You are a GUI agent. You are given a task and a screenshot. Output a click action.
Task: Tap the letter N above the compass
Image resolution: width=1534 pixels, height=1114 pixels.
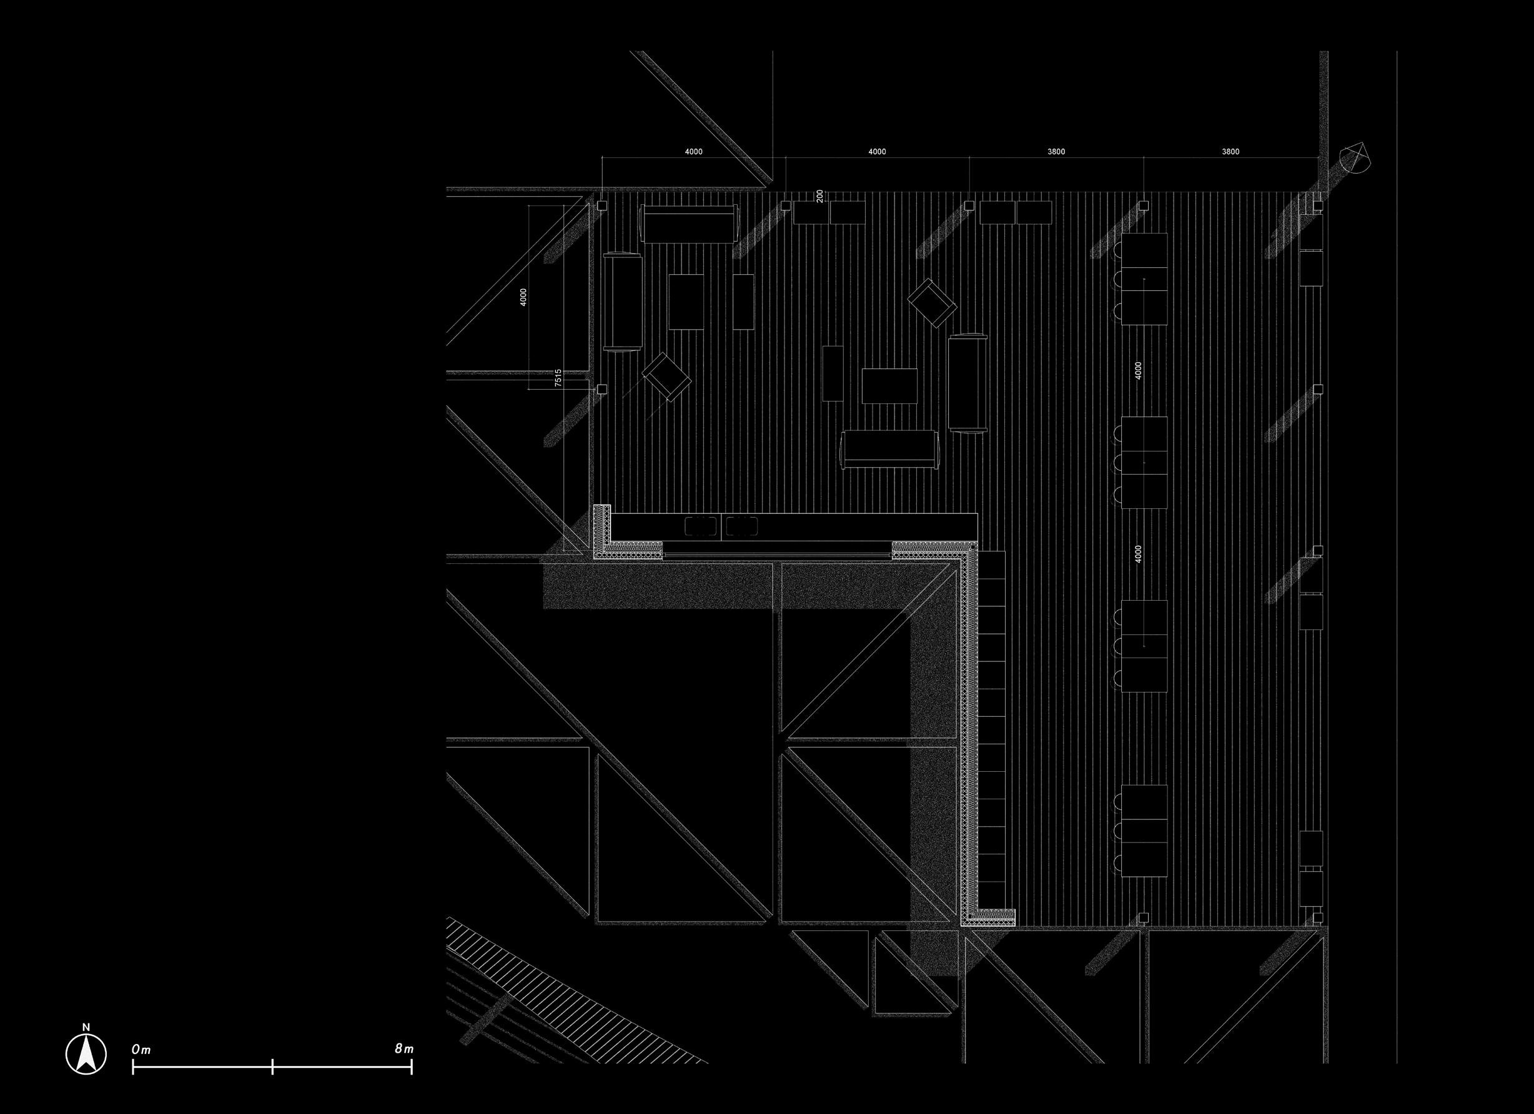click(x=86, y=1027)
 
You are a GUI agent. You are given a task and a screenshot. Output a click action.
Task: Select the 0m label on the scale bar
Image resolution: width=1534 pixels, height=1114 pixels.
click(x=141, y=1049)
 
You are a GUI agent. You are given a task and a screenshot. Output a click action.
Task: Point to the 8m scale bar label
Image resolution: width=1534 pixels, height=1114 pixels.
click(x=403, y=1048)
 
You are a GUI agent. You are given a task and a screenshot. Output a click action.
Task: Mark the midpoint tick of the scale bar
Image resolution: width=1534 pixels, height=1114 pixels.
click(x=272, y=1067)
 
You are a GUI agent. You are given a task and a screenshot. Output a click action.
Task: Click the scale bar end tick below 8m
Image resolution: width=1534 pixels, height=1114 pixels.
click(x=411, y=1067)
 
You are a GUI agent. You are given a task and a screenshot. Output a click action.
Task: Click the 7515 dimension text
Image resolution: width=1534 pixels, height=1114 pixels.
click(x=558, y=377)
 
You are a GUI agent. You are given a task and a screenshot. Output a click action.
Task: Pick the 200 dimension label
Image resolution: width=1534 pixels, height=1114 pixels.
click(x=819, y=195)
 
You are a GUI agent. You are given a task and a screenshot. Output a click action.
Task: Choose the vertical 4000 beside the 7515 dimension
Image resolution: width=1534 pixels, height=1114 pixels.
click(x=523, y=297)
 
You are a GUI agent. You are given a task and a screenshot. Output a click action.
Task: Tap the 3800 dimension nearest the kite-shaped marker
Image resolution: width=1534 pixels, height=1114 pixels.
click(x=1230, y=152)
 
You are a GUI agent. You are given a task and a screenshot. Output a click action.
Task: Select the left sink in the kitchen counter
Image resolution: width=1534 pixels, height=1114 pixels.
click(x=701, y=526)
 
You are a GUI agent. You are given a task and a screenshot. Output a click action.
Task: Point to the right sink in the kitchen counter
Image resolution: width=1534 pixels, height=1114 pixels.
click(x=742, y=526)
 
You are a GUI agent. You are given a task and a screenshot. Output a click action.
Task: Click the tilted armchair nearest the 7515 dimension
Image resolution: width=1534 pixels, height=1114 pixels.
click(x=667, y=377)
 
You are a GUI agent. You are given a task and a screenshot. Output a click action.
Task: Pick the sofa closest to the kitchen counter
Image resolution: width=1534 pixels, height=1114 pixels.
click(x=889, y=449)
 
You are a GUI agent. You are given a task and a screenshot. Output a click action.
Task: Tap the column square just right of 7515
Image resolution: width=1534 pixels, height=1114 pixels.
click(x=601, y=389)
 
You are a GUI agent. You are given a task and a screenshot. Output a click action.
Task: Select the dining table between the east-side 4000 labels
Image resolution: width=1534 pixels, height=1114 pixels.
click(x=1144, y=462)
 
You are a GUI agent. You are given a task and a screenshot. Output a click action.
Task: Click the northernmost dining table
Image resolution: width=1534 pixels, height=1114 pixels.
click(x=1144, y=278)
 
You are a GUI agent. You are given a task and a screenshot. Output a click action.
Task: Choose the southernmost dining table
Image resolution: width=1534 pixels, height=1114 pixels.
click(x=1144, y=831)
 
